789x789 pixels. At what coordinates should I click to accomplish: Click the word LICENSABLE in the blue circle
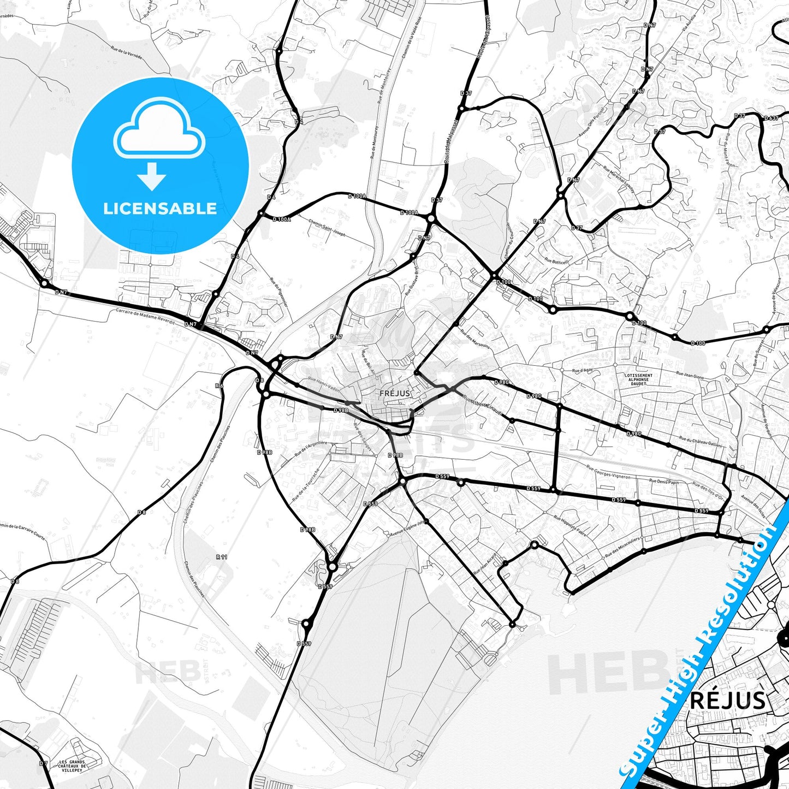click(x=160, y=209)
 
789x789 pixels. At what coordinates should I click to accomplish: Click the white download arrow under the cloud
click(x=152, y=176)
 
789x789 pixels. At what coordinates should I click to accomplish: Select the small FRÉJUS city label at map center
click(x=395, y=393)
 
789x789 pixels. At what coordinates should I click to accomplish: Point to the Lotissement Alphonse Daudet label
click(x=638, y=379)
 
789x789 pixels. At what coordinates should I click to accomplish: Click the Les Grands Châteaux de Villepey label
click(x=72, y=766)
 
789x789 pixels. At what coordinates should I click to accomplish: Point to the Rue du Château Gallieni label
click(x=701, y=442)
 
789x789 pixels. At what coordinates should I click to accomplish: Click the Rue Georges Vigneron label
click(x=608, y=472)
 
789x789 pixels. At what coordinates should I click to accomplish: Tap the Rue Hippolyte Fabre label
click(x=570, y=525)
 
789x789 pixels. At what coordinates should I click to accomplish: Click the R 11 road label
click(x=222, y=557)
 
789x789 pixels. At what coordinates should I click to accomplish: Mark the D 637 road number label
click(x=771, y=118)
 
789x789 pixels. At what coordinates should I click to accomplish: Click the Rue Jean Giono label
click(x=690, y=375)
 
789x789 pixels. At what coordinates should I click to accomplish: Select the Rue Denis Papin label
click(x=664, y=482)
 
